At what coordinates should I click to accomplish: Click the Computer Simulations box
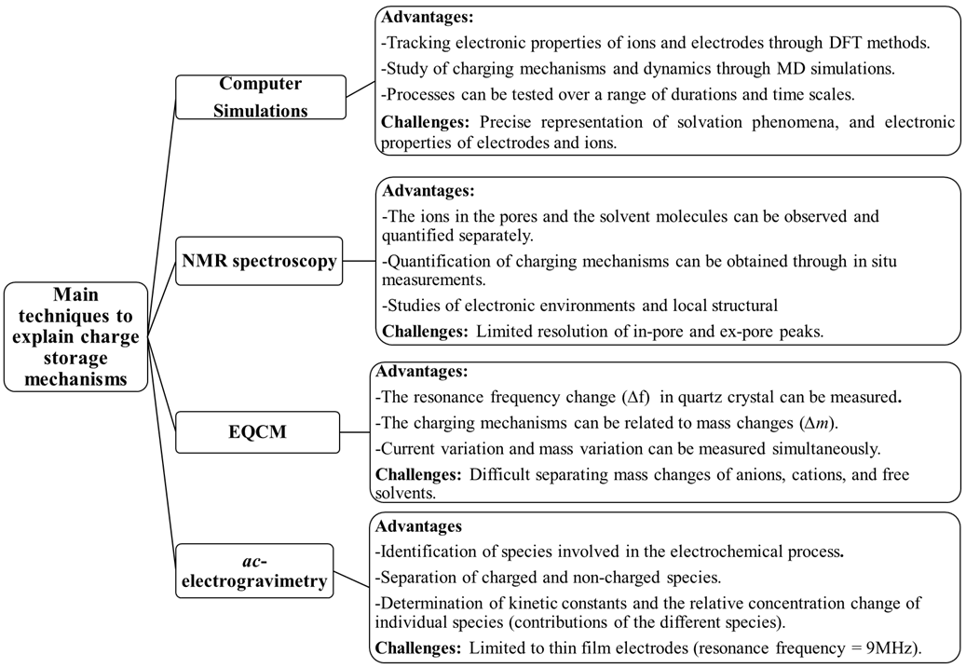pos(261,97)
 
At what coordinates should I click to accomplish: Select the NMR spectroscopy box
pos(259,261)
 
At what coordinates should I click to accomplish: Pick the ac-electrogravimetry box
pos(254,571)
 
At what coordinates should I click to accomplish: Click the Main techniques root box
pos(75,336)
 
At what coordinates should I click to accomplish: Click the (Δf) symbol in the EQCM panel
pos(635,397)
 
